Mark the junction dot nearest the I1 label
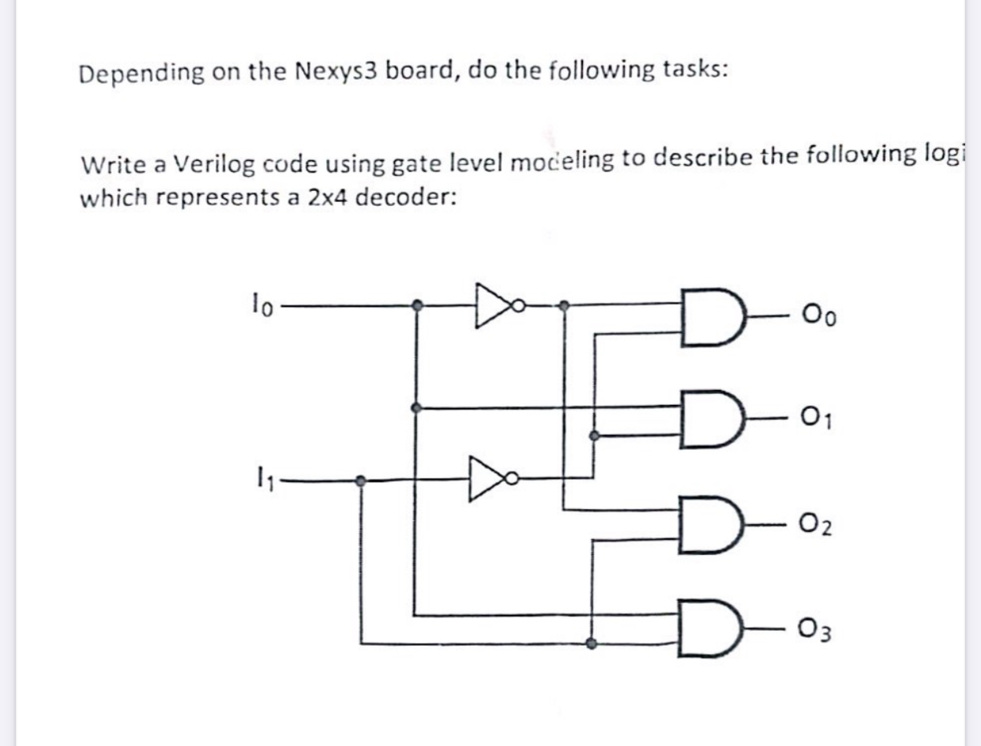[361, 479]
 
